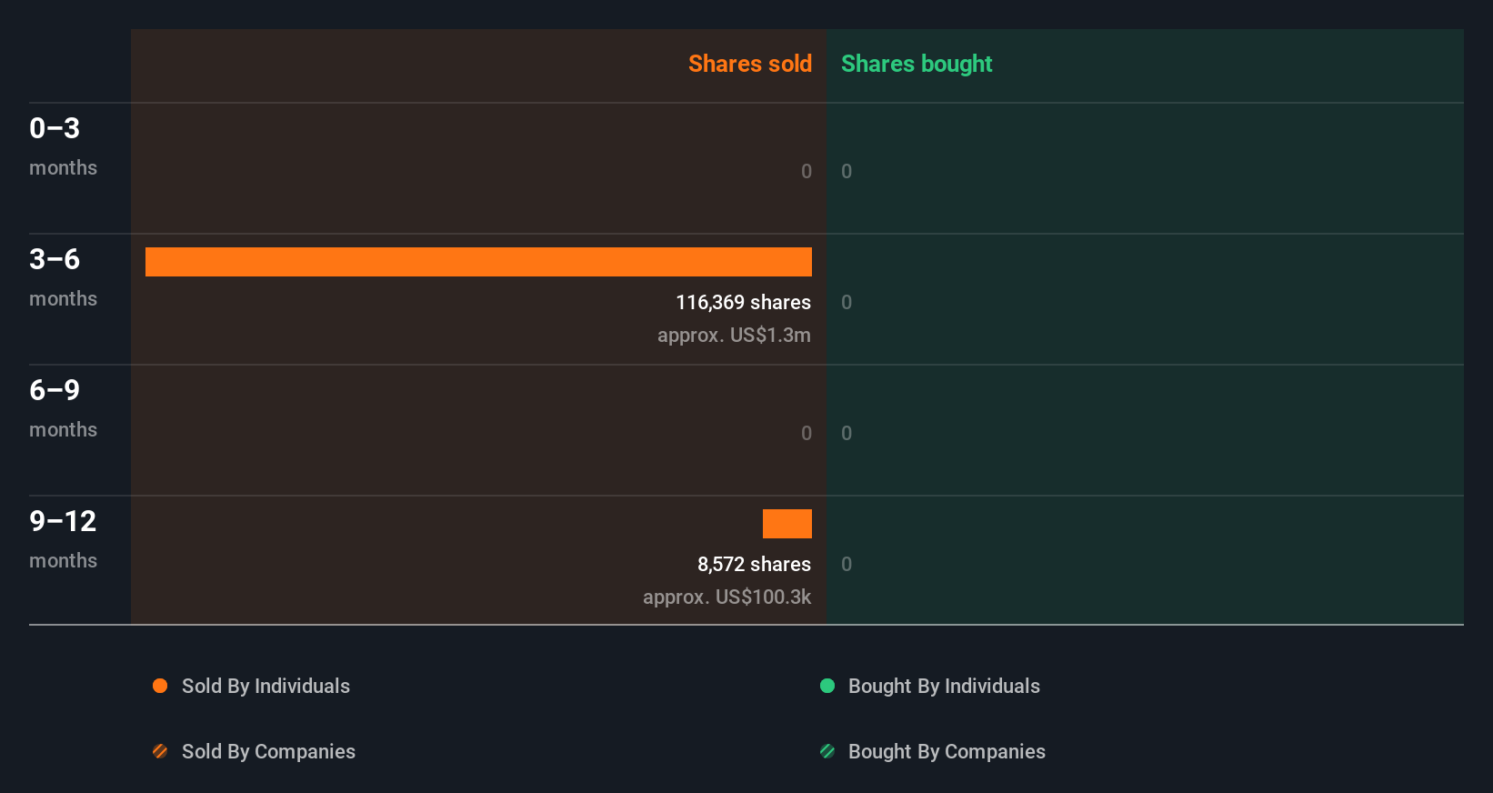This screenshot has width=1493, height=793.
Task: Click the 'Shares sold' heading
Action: point(749,64)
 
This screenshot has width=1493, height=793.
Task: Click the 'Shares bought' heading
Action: point(916,64)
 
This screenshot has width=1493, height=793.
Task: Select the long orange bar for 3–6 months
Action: point(478,262)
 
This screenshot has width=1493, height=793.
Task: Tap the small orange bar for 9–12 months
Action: point(787,524)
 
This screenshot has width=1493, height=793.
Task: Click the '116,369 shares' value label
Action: point(743,302)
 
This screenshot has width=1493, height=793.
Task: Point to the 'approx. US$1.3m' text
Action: point(734,335)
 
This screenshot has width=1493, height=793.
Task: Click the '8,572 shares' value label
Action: point(754,564)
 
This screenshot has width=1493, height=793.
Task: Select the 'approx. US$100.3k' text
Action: point(726,597)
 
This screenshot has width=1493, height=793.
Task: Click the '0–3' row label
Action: point(55,128)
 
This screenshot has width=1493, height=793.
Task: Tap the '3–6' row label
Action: point(55,259)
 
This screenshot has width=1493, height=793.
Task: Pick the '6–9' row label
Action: point(55,390)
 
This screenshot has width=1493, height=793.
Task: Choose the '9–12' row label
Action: point(63,521)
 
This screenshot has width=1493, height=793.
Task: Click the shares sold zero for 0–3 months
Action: point(806,171)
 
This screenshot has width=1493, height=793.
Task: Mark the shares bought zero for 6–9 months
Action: point(847,433)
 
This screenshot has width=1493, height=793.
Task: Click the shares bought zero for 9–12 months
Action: point(847,564)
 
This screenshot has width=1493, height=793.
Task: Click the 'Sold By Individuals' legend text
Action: point(266,686)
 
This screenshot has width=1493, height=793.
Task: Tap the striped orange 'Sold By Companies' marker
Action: point(160,751)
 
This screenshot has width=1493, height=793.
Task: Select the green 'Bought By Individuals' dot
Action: point(827,686)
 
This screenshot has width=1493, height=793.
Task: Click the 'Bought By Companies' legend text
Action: point(947,751)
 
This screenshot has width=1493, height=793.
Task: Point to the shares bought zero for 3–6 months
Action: point(847,302)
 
